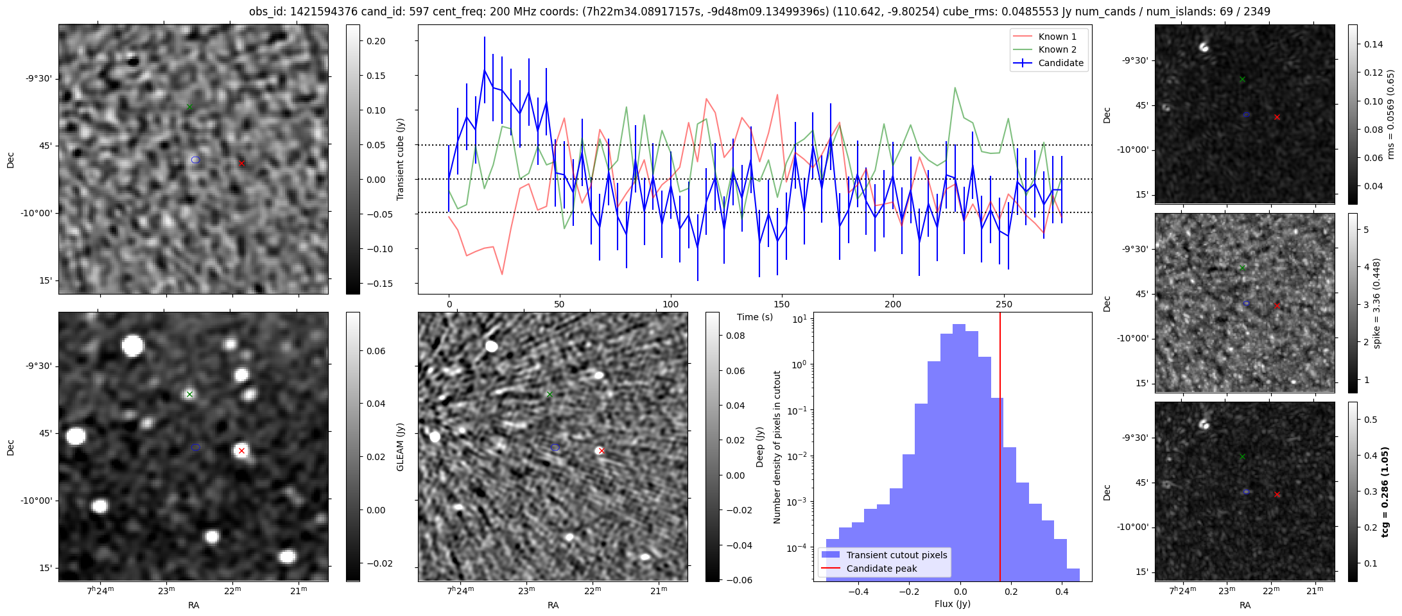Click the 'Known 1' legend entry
(x=1057, y=37)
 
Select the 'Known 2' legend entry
(x=1057, y=49)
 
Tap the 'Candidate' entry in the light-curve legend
(x=1060, y=63)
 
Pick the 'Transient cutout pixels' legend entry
(x=896, y=555)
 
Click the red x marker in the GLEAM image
(x=241, y=451)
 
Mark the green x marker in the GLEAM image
(x=189, y=394)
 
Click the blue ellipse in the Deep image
(x=555, y=447)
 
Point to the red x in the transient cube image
(x=241, y=164)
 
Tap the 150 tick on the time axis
(x=782, y=304)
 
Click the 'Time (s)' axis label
(x=755, y=317)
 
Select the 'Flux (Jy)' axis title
(x=952, y=604)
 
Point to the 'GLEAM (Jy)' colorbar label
(x=401, y=447)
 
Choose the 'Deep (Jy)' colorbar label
(x=760, y=447)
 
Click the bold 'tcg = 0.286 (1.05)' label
(x=1385, y=492)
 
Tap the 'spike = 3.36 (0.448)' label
(x=1376, y=303)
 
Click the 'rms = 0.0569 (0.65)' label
(x=1390, y=114)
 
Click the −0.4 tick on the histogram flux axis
(x=858, y=591)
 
